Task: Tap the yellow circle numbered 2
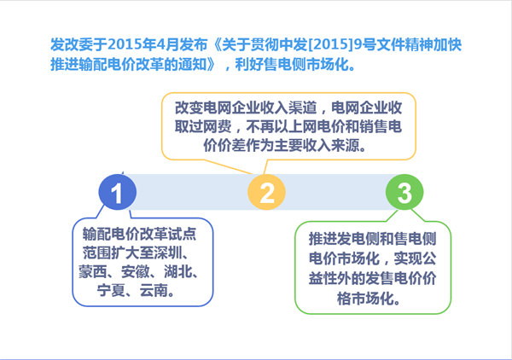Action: point(266,193)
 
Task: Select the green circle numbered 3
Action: point(404,193)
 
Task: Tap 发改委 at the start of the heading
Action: point(69,43)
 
